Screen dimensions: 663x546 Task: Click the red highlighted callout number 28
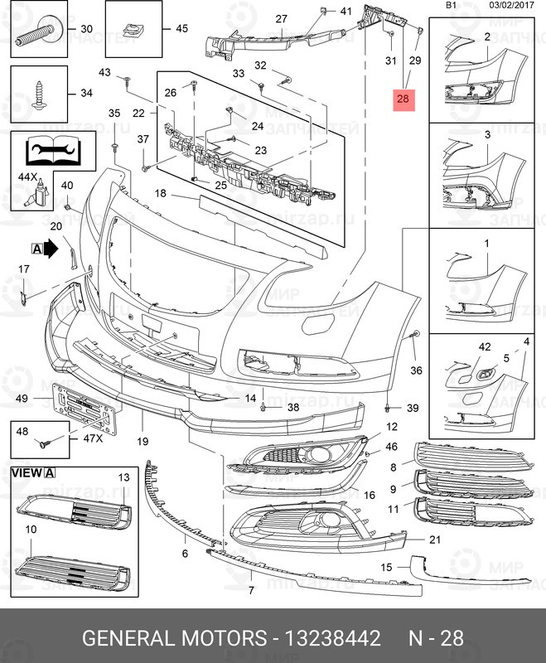click(x=403, y=99)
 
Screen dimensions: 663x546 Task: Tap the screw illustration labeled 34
click(x=39, y=93)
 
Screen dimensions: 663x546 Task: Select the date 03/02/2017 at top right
click(x=512, y=6)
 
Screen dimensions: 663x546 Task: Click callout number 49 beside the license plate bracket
click(x=22, y=399)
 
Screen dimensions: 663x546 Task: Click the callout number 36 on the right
click(x=416, y=370)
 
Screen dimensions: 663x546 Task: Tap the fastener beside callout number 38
click(x=263, y=407)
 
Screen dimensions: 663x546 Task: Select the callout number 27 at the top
click(x=281, y=19)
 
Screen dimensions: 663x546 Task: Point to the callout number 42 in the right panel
click(x=461, y=347)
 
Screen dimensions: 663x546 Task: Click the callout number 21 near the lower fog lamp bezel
click(x=435, y=540)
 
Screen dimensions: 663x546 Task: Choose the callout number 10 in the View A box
click(x=30, y=529)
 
